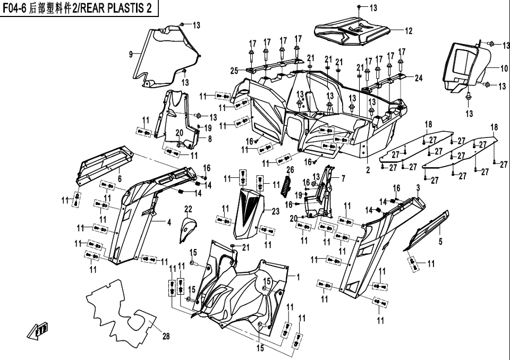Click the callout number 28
pyautogui.click(x=166, y=337)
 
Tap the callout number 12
pyautogui.click(x=409, y=31)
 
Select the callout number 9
pyautogui.click(x=131, y=54)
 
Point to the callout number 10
pyautogui.click(x=504, y=68)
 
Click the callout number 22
pyautogui.click(x=188, y=208)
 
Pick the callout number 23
pyautogui.click(x=275, y=211)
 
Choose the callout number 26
pyautogui.click(x=290, y=170)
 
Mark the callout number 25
pyautogui.click(x=234, y=71)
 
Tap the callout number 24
pyautogui.click(x=419, y=79)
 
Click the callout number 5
pyautogui.click(x=440, y=243)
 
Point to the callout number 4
pyautogui.click(x=169, y=223)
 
